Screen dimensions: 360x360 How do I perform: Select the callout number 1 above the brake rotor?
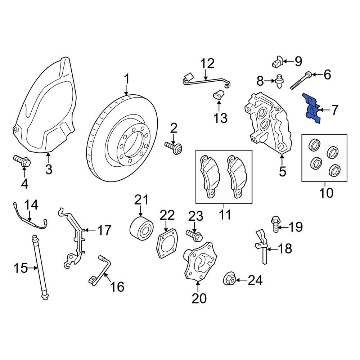tap(126, 78)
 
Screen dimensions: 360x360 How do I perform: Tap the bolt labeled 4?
tap(22, 161)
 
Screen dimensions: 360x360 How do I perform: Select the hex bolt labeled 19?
tap(274, 223)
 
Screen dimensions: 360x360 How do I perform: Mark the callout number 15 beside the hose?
tap(20, 268)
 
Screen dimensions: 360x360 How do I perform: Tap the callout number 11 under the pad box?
tap(225, 215)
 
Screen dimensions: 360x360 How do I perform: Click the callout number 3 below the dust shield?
tap(49, 168)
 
